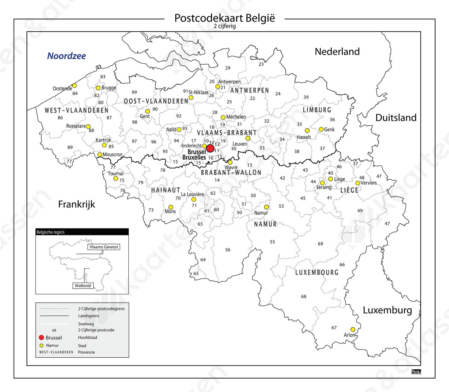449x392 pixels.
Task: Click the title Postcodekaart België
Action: pyautogui.click(x=224, y=18)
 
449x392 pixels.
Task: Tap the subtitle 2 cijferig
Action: pyautogui.click(x=224, y=26)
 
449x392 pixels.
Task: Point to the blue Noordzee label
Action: pyautogui.click(x=66, y=56)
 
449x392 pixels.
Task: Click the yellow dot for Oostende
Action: pyautogui.click(x=75, y=86)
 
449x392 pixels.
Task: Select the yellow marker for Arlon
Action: pyautogui.click(x=353, y=329)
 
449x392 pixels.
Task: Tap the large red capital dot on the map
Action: pyautogui.click(x=210, y=148)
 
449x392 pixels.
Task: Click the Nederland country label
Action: pyautogui.click(x=337, y=51)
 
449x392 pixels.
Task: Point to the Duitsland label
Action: pyautogui.click(x=396, y=118)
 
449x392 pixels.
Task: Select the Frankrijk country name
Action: pyautogui.click(x=76, y=204)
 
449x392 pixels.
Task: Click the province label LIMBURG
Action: pyautogui.click(x=317, y=110)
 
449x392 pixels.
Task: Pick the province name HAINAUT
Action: pyautogui.click(x=166, y=190)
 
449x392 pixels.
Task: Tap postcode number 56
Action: pyautogui.click(x=228, y=250)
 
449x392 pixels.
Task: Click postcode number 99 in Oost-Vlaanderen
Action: pyautogui.click(x=134, y=92)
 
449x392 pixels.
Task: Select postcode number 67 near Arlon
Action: pyautogui.click(x=334, y=328)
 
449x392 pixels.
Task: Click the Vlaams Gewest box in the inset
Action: pyautogui.click(x=104, y=247)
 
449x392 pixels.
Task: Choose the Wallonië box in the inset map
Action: pyautogui.click(x=83, y=286)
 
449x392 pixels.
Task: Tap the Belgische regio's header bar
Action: pyautogui.click(x=82, y=232)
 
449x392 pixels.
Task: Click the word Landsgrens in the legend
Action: pyautogui.click(x=89, y=316)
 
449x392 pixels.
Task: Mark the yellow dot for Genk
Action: pyautogui.click(x=321, y=129)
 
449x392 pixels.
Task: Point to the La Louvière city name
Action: pyautogui.click(x=192, y=194)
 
